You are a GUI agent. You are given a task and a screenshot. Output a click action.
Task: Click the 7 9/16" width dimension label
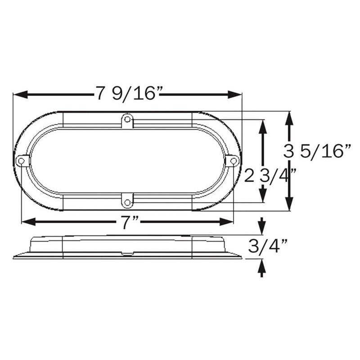pos(129,93)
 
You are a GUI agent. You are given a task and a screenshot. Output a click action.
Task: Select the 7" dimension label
pos(128,222)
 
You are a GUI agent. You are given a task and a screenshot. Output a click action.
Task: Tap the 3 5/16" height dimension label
pos(318,151)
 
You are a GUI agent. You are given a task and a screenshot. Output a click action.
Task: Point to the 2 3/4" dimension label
pos(270,175)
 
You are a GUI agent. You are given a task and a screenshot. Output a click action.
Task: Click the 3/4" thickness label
pos(268,247)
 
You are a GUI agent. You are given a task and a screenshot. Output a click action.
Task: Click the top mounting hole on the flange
pos(128,119)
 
